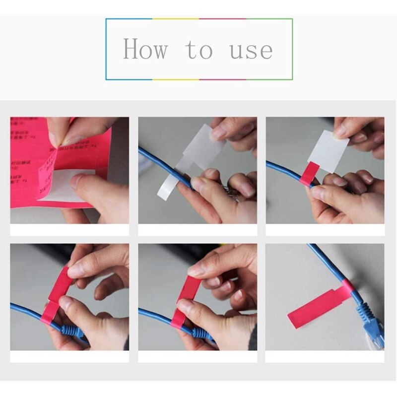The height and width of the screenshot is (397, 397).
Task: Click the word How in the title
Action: [x=145, y=50]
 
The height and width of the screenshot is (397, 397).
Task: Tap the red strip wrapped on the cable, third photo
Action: [x=306, y=174]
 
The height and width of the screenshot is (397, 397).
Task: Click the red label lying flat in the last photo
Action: [x=313, y=308]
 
